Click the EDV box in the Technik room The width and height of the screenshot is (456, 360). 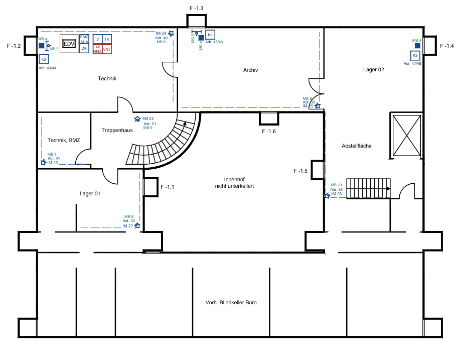(69, 44)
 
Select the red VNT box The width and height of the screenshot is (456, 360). (107, 49)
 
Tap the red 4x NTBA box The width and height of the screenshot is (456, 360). (98, 49)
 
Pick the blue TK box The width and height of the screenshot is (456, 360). (107, 39)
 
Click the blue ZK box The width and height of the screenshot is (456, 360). (84, 49)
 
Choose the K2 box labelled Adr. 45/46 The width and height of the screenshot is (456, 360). (211, 35)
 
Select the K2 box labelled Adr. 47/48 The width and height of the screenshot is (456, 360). (415, 55)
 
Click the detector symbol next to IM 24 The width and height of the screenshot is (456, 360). (171, 34)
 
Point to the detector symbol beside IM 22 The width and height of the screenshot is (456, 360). (137, 119)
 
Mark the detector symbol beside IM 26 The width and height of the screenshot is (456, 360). (327, 195)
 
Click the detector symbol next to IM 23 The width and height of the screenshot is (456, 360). (43, 162)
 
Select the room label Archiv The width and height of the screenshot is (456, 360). (250, 70)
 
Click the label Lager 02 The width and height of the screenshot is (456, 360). (373, 70)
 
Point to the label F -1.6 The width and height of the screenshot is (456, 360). (269, 132)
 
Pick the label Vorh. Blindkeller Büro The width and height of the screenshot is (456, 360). (231, 303)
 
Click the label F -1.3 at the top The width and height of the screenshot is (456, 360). (196, 9)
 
